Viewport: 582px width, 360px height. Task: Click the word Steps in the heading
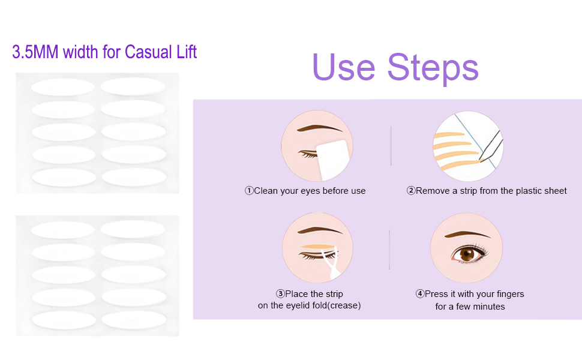click(x=433, y=68)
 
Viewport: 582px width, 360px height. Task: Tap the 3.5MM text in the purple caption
click(x=35, y=52)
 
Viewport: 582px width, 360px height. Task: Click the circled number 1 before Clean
click(x=248, y=191)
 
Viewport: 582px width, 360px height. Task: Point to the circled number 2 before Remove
click(x=410, y=191)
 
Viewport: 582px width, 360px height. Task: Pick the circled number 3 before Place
click(x=280, y=294)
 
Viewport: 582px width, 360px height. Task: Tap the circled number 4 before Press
click(x=419, y=294)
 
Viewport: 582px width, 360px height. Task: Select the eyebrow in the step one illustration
click(x=320, y=128)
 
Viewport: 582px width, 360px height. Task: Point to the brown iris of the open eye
click(x=467, y=254)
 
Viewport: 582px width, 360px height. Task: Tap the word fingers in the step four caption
click(x=509, y=294)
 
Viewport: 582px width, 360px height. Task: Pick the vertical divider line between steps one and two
click(x=391, y=145)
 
